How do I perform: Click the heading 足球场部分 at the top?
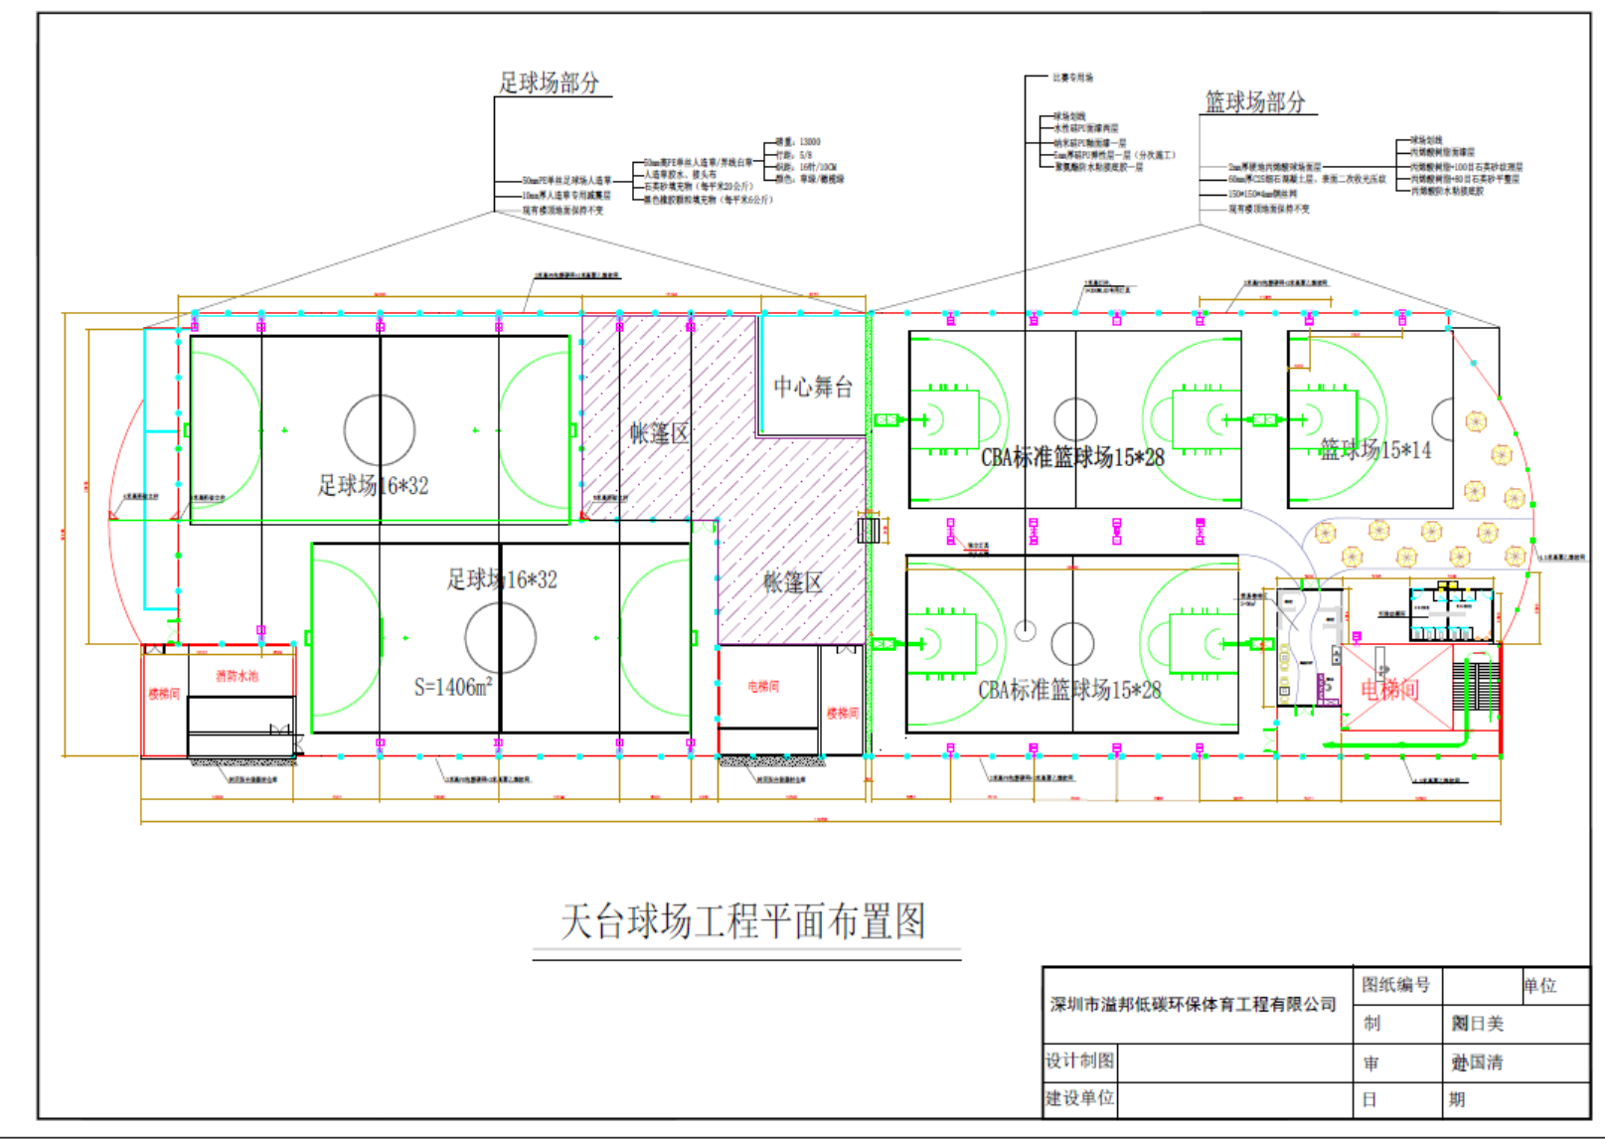[549, 82]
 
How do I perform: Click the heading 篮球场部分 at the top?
[1255, 101]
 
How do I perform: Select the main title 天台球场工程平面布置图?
[743, 921]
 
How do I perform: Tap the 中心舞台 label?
[813, 387]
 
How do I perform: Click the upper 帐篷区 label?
[658, 432]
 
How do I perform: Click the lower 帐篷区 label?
[792, 582]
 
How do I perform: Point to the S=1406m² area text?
[452, 686]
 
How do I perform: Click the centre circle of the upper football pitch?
[380, 430]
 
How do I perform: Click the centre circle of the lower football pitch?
[500, 637]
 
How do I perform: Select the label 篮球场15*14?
[1374, 450]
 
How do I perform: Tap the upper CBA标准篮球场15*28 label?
[1072, 457]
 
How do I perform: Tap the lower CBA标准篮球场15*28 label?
[1069, 690]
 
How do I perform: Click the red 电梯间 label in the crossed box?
[1389, 689]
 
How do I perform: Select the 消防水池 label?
[237, 676]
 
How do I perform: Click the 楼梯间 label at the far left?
[164, 694]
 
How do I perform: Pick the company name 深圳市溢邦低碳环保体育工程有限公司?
[1193, 1005]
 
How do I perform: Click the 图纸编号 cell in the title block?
[1395, 985]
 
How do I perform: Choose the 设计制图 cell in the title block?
[1079, 1060]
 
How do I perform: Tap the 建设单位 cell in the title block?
[1079, 1098]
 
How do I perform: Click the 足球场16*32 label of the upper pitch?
[373, 485]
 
